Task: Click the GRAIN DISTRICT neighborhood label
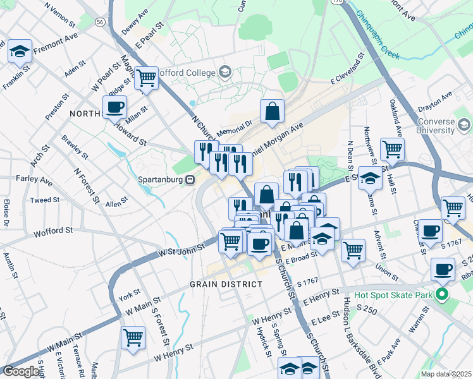point(226,284)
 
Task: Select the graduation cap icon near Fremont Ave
point(20,51)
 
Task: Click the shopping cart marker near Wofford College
point(147,78)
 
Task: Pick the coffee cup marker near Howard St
point(114,107)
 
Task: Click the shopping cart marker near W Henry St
point(133,337)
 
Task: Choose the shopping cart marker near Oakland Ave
point(392,149)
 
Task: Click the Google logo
point(21,371)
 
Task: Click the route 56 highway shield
point(100,21)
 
